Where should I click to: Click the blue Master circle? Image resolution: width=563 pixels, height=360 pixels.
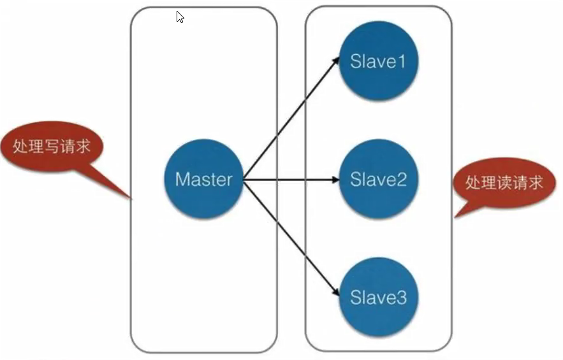tap(203, 179)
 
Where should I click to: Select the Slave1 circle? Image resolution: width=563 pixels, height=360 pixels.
tap(378, 62)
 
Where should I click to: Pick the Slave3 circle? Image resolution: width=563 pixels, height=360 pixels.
tap(378, 297)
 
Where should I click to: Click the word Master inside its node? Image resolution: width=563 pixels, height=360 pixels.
tap(203, 179)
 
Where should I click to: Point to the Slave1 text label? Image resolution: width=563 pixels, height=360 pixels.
tap(378, 62)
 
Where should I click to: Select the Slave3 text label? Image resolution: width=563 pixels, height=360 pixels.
tap(378, 297)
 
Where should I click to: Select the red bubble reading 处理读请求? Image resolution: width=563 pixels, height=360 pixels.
tap(504, 184)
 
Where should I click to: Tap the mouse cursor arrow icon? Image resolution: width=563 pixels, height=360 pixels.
tap(180, 17)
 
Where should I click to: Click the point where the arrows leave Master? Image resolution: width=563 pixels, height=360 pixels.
tap(244, 180)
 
